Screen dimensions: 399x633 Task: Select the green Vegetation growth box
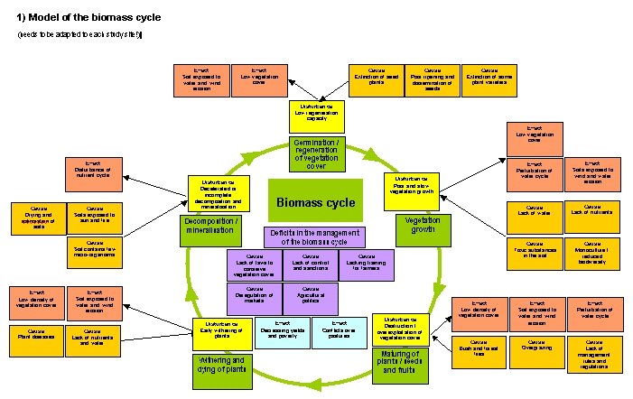416,229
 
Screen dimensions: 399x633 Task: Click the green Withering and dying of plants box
220,368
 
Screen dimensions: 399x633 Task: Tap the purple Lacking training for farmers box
367,265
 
